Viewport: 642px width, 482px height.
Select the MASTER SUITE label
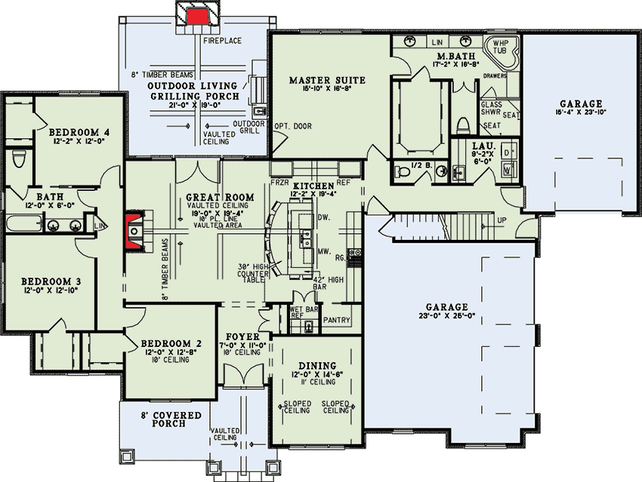[x=328, y=80]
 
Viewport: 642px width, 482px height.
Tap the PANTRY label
[x=337, y=321]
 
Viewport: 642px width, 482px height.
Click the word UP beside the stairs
[x=502, y=220]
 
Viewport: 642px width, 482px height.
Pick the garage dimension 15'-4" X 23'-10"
[x=581, y=112]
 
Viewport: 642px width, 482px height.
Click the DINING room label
[x=318, y=364]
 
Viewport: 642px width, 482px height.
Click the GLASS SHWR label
[x=491, y=108]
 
